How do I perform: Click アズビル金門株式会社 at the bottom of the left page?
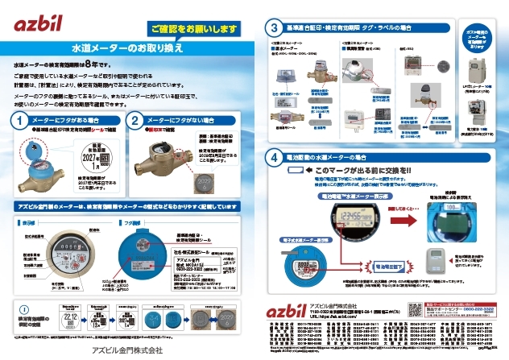pos(128,350)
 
